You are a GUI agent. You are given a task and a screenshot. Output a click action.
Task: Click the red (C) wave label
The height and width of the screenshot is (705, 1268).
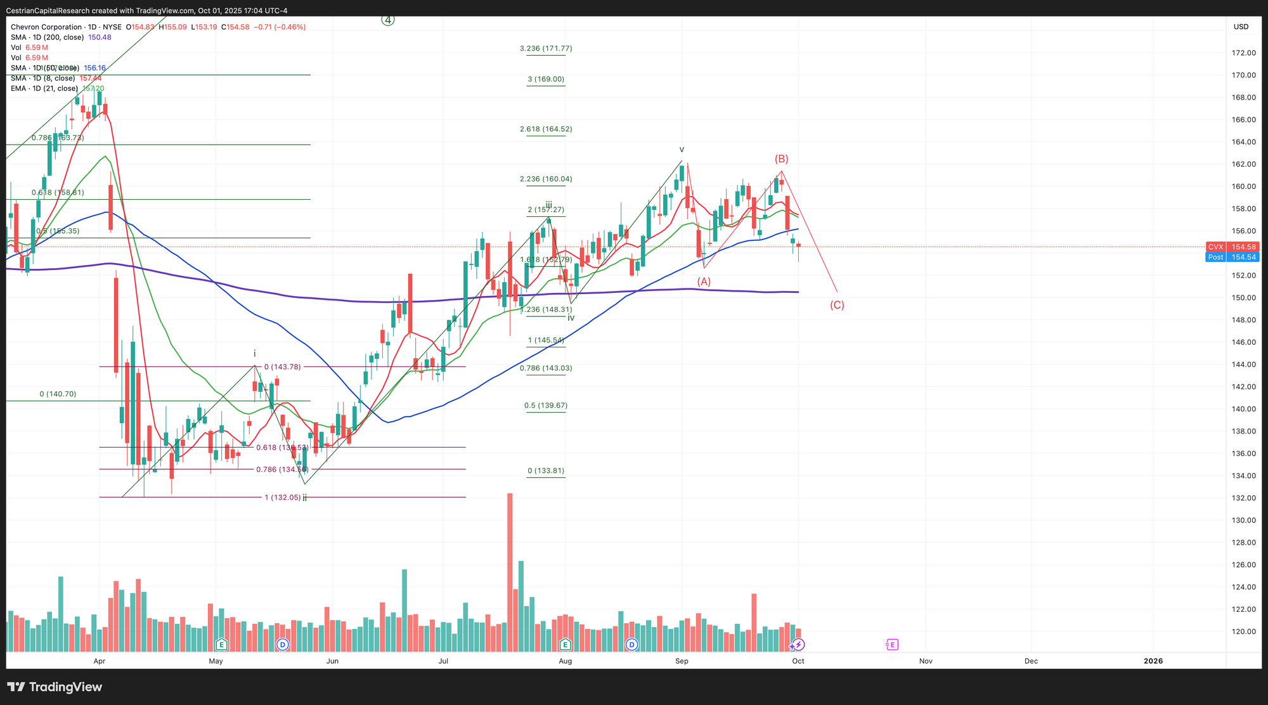point(837,305)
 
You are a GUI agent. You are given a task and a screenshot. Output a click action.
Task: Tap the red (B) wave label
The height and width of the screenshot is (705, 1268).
point(781,158)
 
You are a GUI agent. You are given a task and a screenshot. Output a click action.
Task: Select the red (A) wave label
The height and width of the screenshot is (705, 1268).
point(704,281)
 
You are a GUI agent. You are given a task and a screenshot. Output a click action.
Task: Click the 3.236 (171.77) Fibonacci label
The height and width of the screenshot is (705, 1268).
point(545,48)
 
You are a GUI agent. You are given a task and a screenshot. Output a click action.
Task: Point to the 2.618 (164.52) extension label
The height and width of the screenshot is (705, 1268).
point(545,129)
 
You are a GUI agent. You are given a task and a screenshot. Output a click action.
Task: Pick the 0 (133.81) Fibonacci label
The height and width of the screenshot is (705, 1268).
point(545,470)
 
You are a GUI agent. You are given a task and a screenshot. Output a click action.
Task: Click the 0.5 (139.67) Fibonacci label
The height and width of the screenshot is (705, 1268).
point(545,405)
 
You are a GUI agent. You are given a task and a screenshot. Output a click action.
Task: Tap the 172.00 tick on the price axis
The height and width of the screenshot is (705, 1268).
point(1243,53)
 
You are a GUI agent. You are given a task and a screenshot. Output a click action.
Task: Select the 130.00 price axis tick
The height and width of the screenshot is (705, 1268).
point(1243,520)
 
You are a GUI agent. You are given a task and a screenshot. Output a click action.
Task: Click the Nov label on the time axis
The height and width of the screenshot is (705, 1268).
point(926,661)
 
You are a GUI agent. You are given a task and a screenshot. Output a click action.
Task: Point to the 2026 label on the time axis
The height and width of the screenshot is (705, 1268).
point(1153,661)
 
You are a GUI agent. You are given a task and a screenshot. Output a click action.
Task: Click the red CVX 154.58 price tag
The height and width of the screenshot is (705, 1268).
point(1232,247)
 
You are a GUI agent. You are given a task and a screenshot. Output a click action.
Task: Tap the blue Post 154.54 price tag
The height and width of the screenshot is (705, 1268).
point(1232,257)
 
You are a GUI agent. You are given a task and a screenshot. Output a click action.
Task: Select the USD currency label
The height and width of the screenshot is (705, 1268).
point(1241,27)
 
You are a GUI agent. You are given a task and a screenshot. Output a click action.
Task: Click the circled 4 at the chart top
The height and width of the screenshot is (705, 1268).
point(388,20)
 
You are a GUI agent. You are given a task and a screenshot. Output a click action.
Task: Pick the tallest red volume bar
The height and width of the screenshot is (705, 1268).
point(510,571)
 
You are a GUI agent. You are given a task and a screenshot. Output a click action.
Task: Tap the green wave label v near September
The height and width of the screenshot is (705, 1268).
point(682,150)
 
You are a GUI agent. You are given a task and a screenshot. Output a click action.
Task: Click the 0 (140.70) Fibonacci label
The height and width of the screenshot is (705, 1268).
point(58,394)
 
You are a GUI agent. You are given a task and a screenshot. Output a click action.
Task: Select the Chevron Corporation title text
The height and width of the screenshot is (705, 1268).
point(46,27)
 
